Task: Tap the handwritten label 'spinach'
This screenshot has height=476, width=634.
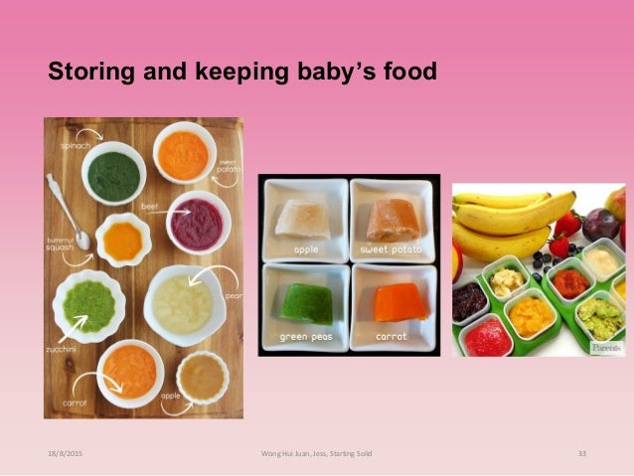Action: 77,145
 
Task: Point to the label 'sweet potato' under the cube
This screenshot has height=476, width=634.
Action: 393,249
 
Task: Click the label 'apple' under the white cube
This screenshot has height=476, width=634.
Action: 305,249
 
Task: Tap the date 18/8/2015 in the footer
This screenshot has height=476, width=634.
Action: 64,453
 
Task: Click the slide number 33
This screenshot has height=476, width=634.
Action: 582,453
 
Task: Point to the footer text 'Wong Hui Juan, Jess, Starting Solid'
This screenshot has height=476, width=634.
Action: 316,453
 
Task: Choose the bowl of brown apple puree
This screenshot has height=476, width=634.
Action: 202,376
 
